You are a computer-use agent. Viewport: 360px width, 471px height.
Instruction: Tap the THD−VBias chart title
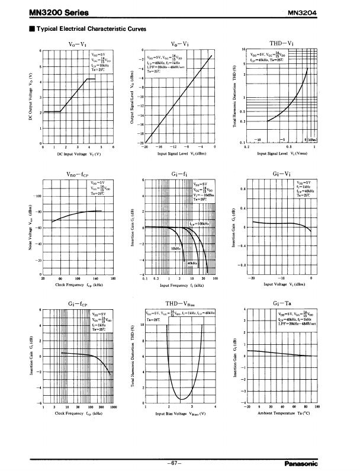point(180,303)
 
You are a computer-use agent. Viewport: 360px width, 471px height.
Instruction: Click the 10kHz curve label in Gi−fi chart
point(176,248)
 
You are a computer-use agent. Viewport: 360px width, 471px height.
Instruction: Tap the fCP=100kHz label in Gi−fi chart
point(200,224)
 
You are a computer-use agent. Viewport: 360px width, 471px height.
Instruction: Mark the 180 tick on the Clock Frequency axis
point(112,277)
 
